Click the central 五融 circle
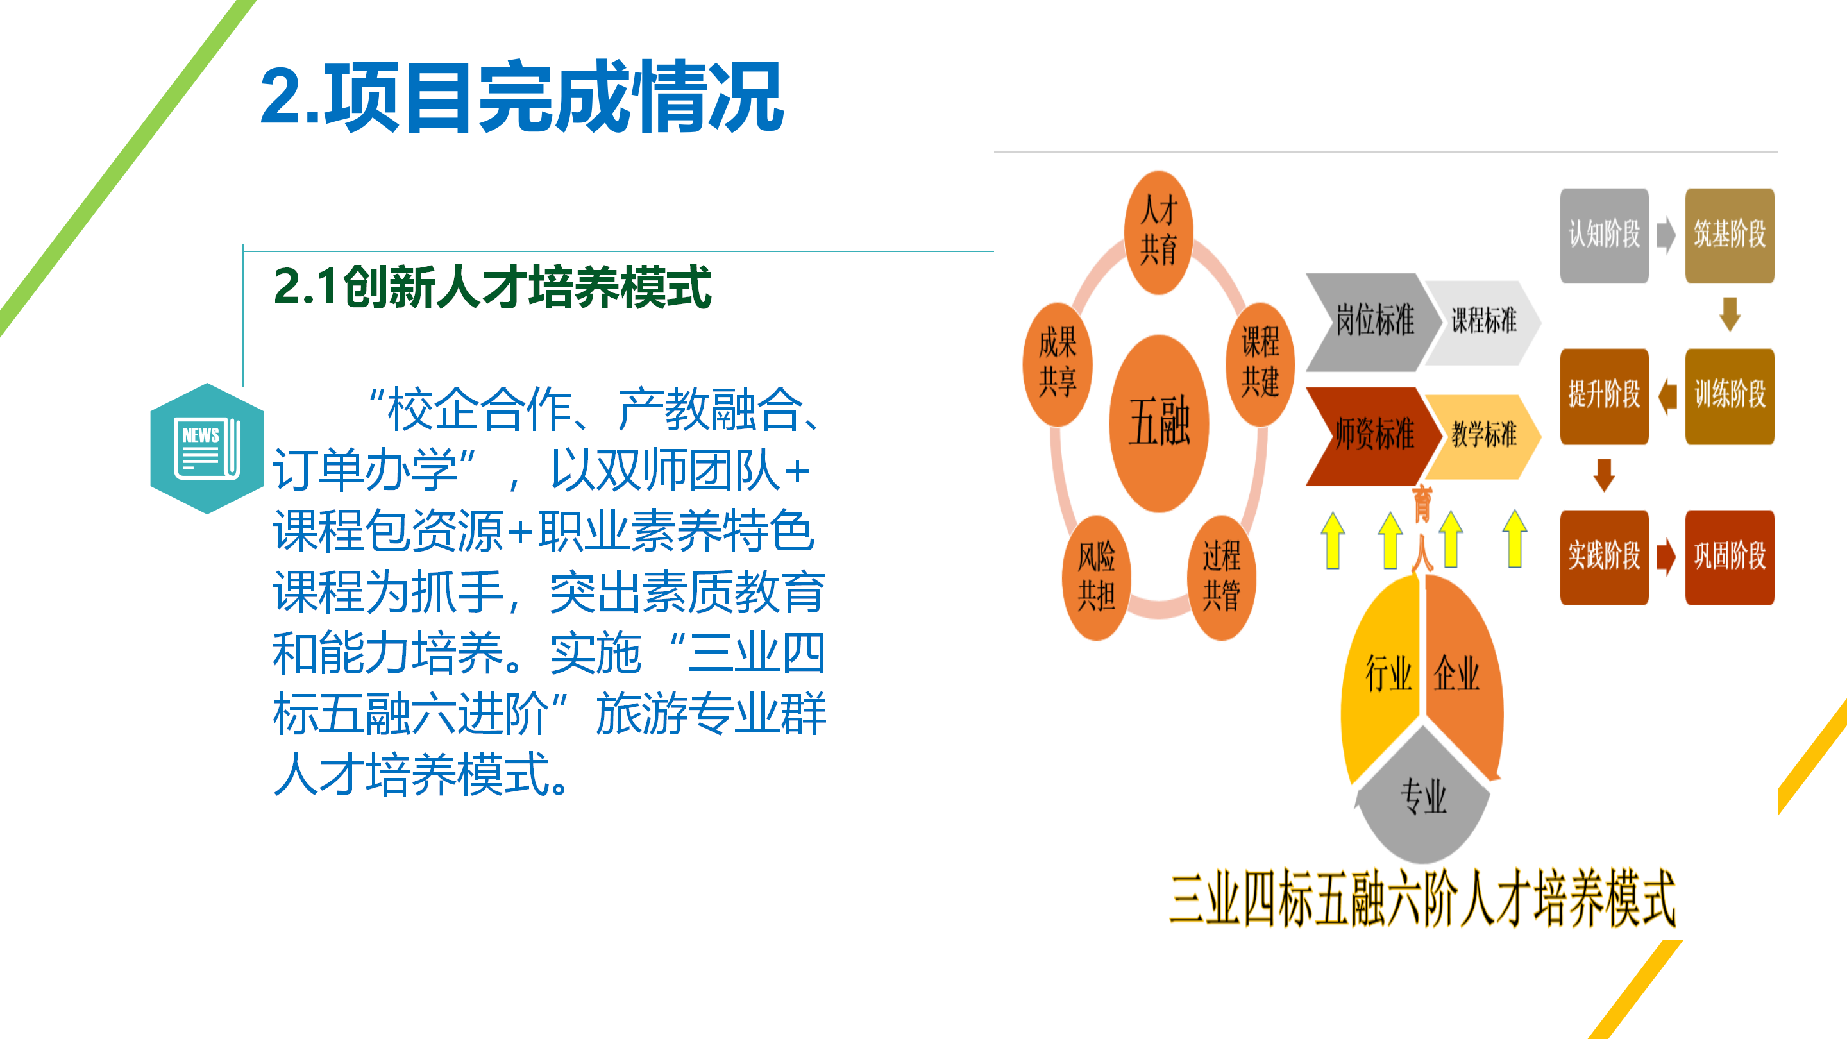(1159, 423)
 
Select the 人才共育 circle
(1159, 232)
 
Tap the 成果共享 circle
(1058, 364)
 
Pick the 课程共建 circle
(1260, 364)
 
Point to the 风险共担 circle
(1096, 577)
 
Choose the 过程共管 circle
(1221, 577)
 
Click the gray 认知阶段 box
(1604, 235)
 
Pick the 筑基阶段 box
(1730, 235)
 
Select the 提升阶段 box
(1604, 396)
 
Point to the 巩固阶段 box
(1730, 557)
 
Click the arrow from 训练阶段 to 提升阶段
(1667, 396)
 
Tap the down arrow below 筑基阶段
(1730, 314)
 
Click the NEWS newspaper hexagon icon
(207, 448)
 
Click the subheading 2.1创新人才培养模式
(492, 287)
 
